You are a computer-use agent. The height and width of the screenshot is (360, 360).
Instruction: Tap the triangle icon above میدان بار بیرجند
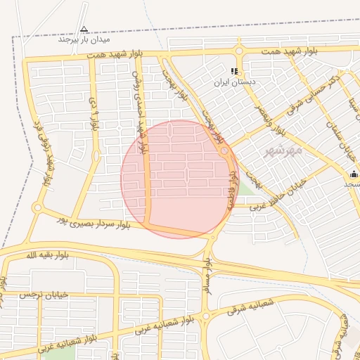point(84,30)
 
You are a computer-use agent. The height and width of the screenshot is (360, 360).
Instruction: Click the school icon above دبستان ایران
point(234,71)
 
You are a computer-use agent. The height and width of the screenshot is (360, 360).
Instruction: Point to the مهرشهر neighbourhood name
point(283,150)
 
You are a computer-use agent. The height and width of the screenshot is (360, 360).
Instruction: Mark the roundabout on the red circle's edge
point(224,151)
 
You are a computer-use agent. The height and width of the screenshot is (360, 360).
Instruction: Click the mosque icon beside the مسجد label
point(354,174)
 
